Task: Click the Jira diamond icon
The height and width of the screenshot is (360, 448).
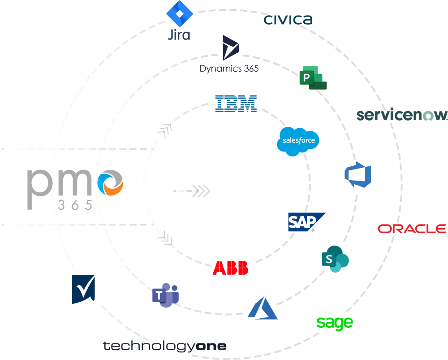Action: click(179, 15)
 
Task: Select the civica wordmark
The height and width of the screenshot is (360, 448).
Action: click(288, 19)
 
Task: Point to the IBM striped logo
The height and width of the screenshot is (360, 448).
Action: click(236, 103)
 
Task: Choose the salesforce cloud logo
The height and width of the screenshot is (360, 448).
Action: click(298, 141)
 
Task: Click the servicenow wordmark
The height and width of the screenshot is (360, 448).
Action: click(401, 115)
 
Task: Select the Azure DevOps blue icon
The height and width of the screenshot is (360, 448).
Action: click(358, 174)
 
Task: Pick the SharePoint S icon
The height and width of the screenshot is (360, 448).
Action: click(335, 260)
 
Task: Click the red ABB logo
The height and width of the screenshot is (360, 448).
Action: click(230, 268)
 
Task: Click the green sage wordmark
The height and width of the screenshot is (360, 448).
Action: click(334, 322)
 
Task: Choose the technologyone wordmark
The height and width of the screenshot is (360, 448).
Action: click(164, 346)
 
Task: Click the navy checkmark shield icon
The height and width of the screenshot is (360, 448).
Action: click(83, 290)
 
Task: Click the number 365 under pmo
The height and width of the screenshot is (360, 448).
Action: click(75, 205)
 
